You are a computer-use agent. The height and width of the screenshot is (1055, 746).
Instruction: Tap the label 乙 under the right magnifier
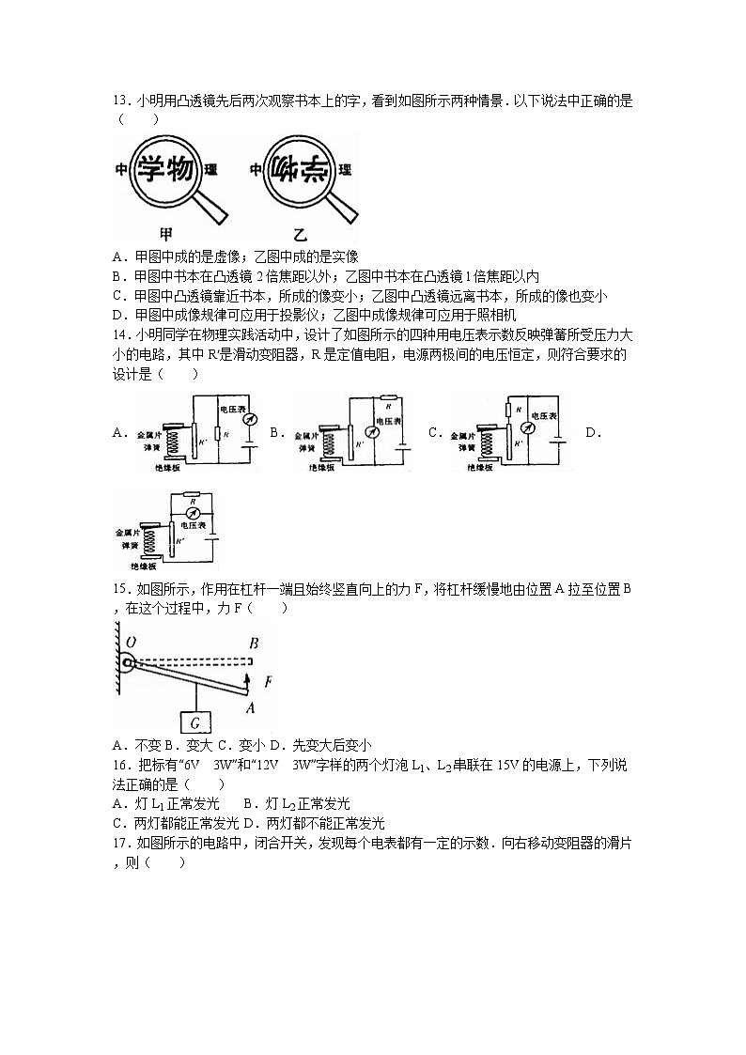tap(301, 235)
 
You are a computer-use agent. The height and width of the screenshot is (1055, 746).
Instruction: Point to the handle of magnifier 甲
tap(215, 208)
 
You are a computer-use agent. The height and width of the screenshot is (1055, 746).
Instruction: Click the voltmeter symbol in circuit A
tap(249, 422)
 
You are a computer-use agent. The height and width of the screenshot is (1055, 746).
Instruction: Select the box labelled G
tap(194, 722)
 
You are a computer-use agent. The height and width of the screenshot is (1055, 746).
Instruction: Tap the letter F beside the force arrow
tap(268, 682)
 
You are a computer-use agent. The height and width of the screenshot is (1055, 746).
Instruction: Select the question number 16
tap(119, 766)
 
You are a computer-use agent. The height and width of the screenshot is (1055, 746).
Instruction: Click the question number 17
tap(119, 843)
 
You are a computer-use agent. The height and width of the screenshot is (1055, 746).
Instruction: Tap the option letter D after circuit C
tap(591, 432)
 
